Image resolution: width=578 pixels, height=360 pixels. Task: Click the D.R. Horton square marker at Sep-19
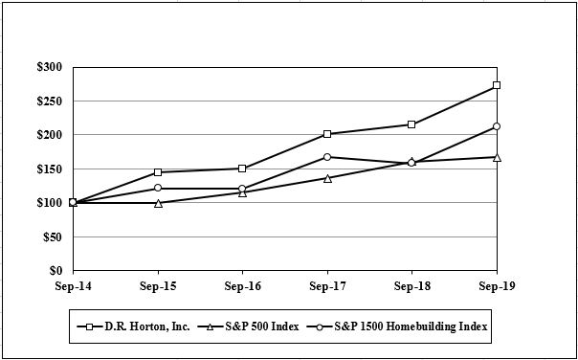coord(496,85)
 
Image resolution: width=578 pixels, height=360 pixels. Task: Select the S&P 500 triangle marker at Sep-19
coord(496,157)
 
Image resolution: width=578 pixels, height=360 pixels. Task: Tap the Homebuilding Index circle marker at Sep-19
coord(496,126)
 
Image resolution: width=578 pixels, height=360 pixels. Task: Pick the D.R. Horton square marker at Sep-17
coord(327,134)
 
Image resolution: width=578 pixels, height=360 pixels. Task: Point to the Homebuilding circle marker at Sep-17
coord(327,157)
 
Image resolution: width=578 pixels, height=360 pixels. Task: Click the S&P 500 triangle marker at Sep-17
coord(327,178)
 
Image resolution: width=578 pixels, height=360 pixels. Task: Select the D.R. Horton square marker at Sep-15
coord(158,172)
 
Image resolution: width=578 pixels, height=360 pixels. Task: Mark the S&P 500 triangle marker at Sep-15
coord(158,203)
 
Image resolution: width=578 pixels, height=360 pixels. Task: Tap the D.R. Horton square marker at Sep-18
coord(411,124)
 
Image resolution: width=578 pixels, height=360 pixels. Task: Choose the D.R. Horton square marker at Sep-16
coord(242,169)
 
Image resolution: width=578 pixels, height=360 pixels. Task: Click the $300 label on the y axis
coord(50,67)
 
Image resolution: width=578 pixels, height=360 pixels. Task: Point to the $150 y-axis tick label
coord(50,169)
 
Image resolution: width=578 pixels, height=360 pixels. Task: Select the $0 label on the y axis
coord(56,271)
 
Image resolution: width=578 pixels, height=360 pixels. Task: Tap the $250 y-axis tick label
coord(50,101)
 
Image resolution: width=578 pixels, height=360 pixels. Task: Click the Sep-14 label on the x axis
coord(73,286)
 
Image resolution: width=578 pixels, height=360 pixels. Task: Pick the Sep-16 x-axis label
coord(242,286)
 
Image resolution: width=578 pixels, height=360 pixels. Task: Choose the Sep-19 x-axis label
coord(496,286)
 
